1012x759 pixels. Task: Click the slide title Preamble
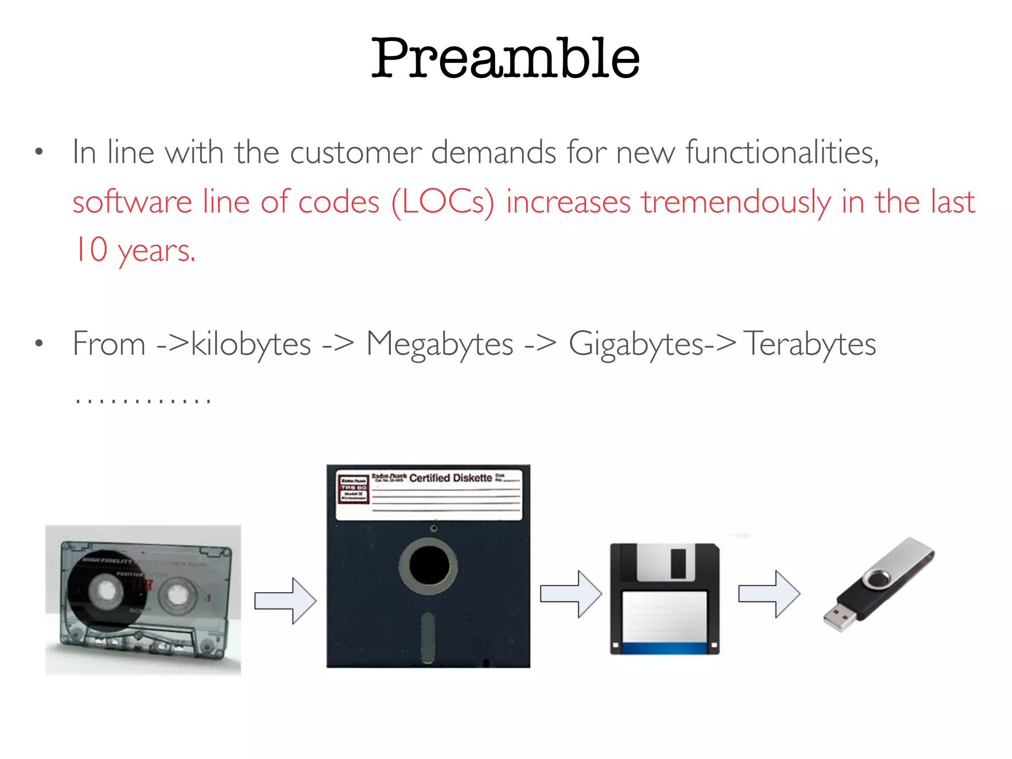coord(505,58)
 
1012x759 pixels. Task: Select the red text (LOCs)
coord(443,203)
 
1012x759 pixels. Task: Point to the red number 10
coord(91,250)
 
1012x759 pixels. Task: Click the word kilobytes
coord(251,344)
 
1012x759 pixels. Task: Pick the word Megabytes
coord(440,344)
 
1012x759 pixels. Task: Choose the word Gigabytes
coord(636,344)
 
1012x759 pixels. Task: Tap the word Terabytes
coord(809,344)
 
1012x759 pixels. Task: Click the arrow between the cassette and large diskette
coord(286,600)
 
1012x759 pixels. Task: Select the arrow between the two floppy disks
coord(571,594)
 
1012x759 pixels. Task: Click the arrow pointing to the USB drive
coord(769,594)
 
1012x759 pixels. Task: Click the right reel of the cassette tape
coord(176,596)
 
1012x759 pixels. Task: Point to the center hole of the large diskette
coord(429,565)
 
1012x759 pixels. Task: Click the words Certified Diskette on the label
coord(451,478)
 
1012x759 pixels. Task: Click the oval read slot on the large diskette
coord(428,637)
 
